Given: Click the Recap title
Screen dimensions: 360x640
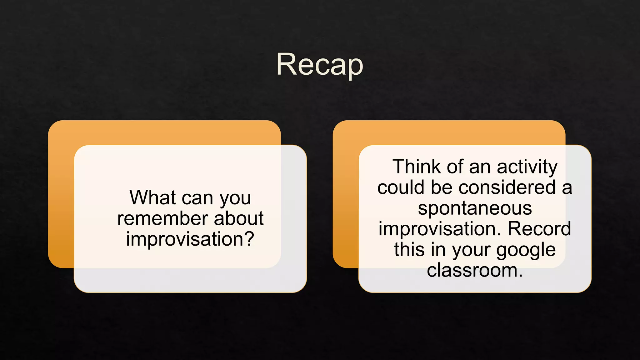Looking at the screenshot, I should (x=319, y=65).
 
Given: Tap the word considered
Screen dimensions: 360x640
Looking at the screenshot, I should (x=507, y=187).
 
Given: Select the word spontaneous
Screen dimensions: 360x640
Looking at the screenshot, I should (x=475, y=208).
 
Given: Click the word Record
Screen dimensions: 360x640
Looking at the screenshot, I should (x=539, y=229).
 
